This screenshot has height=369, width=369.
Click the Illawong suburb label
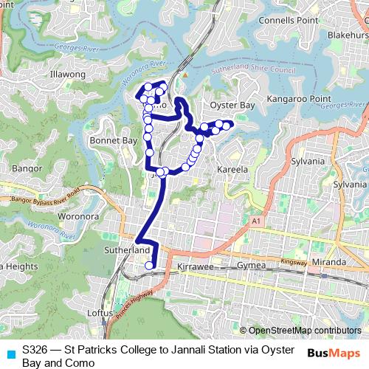pyautogui.click(x=68, y=75)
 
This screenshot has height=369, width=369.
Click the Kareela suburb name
pyautogui.click(x=232, y=170)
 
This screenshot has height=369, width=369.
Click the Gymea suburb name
pyautogui.click(x=249, y=265)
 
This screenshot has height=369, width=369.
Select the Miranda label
pyautogui.click(x=328, y=262)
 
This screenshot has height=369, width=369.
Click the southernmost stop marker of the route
pyautogui.click(x=150, y=266)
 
